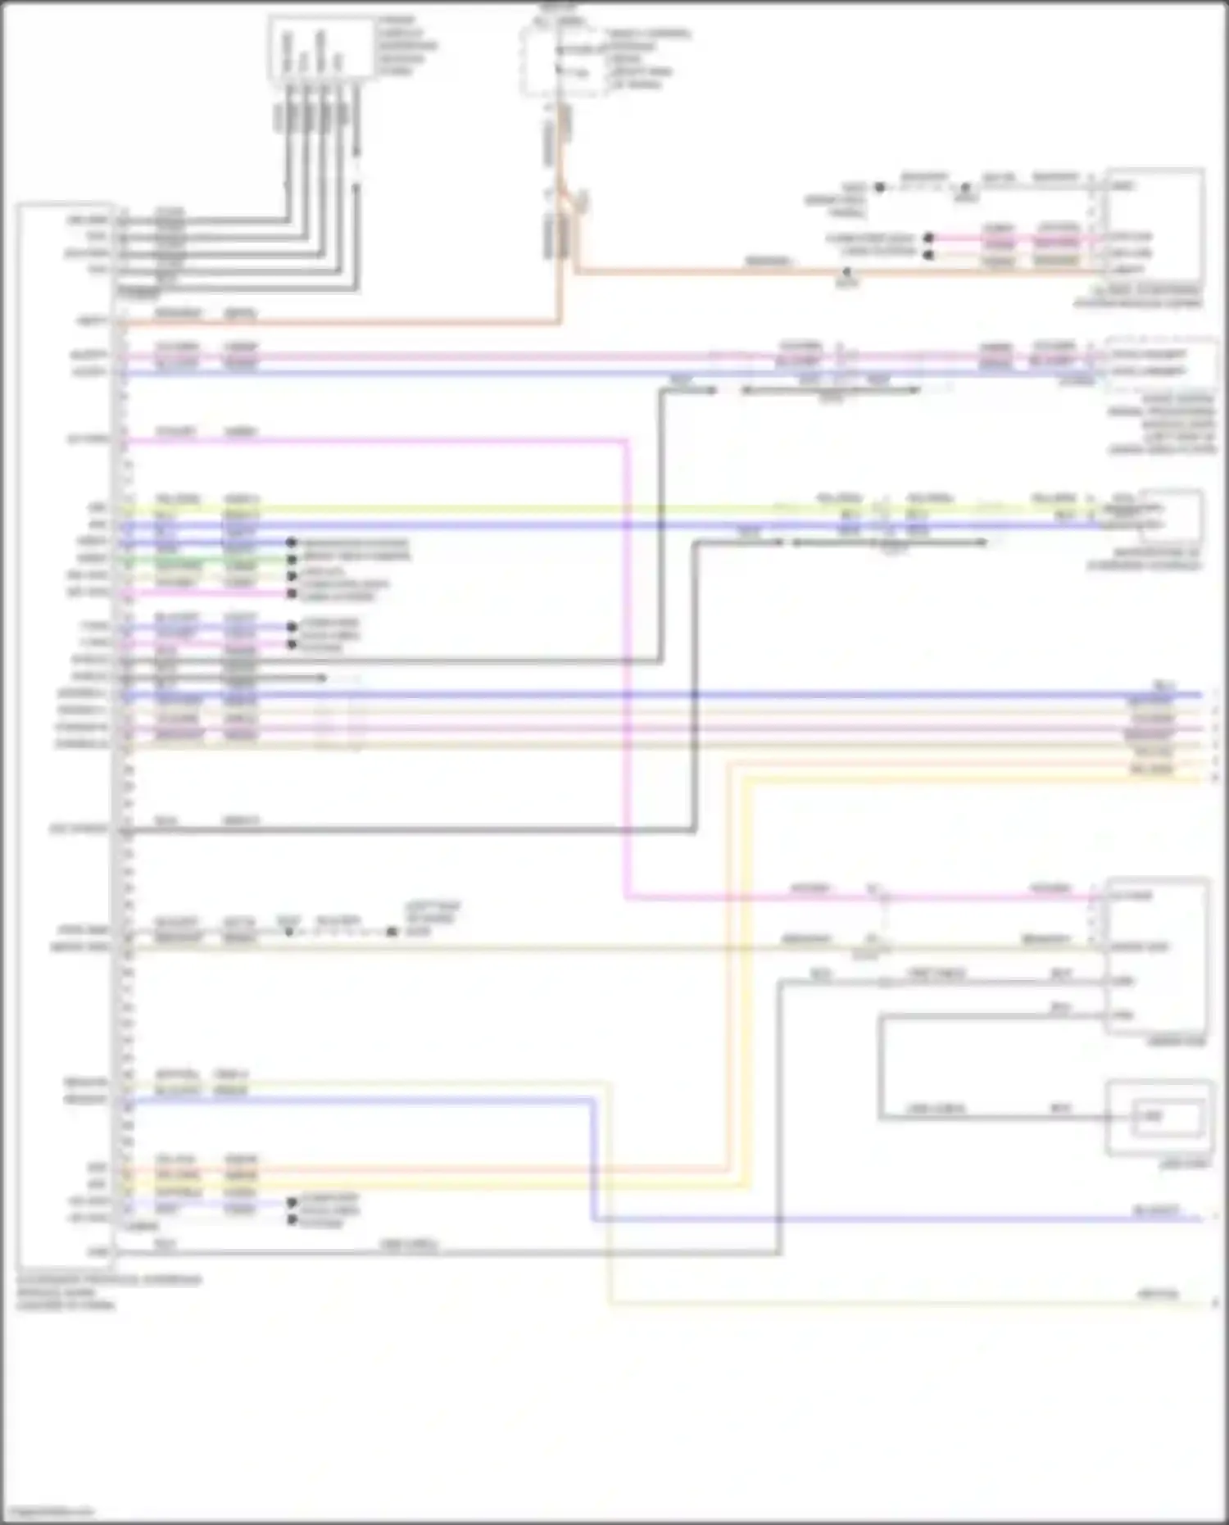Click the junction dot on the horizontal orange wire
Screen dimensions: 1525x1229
click(847, 270)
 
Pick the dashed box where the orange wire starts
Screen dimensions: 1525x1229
click(563, 59)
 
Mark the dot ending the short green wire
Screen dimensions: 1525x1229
click(291, 560)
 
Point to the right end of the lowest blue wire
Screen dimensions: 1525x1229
click(1201, 1219)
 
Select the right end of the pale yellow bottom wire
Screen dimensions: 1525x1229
click(1213, 1302)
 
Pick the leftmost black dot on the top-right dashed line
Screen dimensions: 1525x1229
click(879, 187)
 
